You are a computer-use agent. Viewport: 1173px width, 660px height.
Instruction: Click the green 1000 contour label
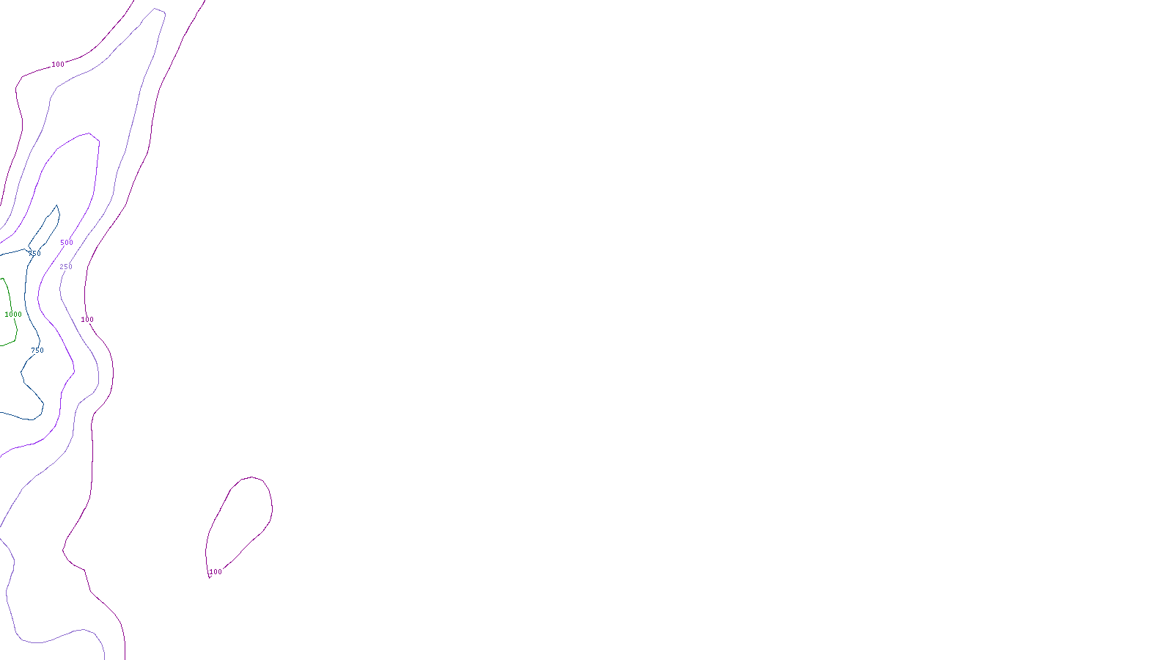click(13, 315)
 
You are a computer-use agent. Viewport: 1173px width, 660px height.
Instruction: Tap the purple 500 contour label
click(67, 243)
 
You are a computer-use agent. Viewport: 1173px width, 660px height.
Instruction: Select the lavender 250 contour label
click(66, 267)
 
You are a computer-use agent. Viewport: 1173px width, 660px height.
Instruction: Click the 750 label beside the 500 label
click(34, 254)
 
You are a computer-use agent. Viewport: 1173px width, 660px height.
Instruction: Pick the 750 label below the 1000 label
click(37, 351)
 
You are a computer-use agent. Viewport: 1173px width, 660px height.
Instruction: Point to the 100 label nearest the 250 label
click(87, 320)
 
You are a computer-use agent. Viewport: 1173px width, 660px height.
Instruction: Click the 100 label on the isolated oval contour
click(216, 572)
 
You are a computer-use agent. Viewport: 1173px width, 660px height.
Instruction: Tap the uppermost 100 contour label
click(58, 65)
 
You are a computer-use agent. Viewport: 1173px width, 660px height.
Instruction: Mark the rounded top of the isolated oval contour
click(252, 477)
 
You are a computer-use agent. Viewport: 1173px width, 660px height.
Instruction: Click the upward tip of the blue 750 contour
click(56, 206)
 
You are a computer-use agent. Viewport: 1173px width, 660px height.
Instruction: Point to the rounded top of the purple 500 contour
click(89, 133)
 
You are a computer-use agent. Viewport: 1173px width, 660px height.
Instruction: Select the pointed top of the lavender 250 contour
click(156, 9)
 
